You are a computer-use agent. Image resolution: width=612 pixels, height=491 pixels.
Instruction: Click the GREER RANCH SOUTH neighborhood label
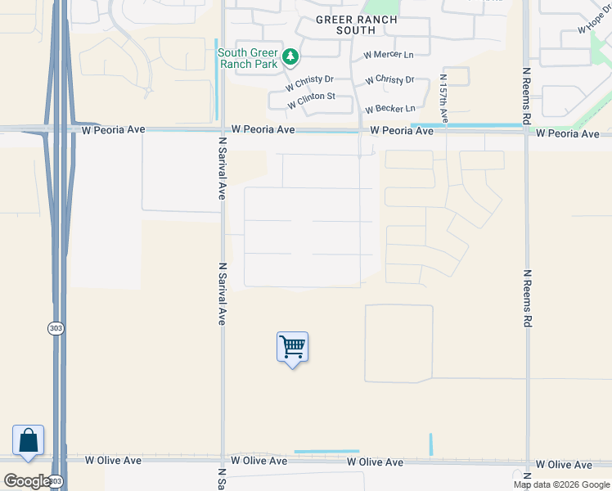(355, 25)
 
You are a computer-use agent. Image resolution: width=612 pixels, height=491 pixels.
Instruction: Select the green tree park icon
(290, 57)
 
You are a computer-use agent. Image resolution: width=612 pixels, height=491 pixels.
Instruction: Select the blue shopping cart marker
(292, 348)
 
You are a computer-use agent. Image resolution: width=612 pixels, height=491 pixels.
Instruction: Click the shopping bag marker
(29, 440)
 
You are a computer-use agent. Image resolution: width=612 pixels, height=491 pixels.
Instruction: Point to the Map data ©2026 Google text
(561, 484)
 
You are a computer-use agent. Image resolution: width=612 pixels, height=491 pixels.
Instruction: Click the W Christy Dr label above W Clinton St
(309, 83)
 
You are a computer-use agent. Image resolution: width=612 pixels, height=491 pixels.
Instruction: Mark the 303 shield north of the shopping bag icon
(55, 328)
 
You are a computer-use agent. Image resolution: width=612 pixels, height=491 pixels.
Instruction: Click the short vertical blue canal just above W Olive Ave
(431, 444)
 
